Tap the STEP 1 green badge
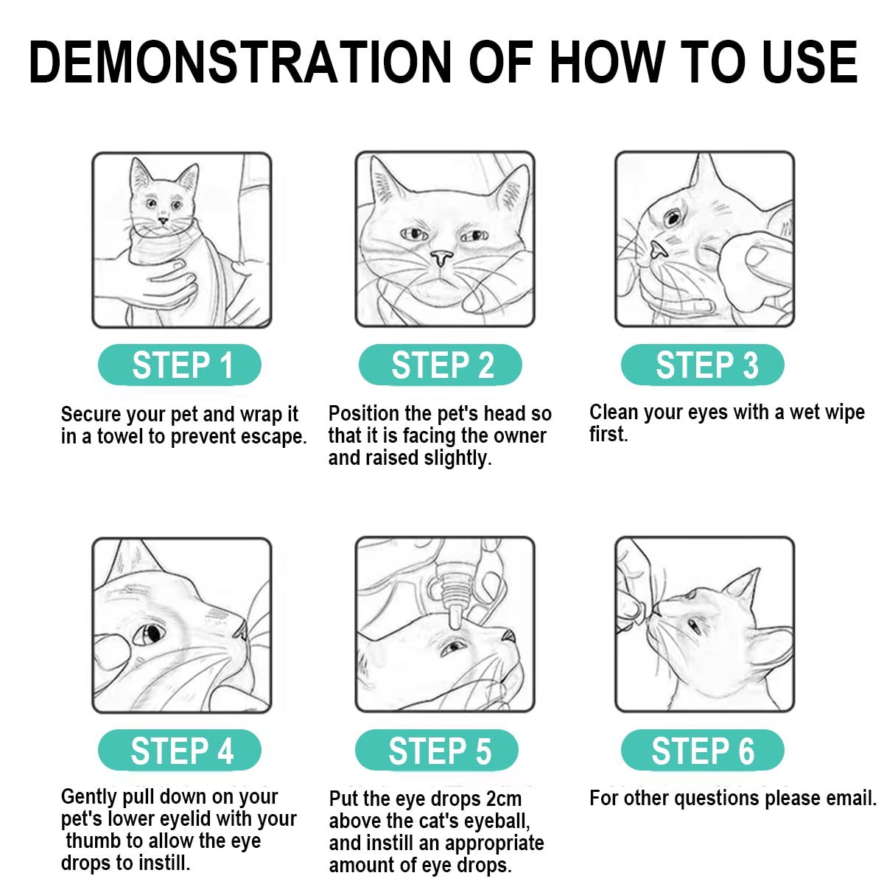(179, 365)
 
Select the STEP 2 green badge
(440, 365)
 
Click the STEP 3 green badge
(702, 365)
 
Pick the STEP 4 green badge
(179, 751)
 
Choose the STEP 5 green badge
(437, 751)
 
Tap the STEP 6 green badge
(702, 751)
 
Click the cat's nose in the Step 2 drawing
(441, 258)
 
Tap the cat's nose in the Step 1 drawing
(164, 221)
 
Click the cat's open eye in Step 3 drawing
(673, 217)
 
